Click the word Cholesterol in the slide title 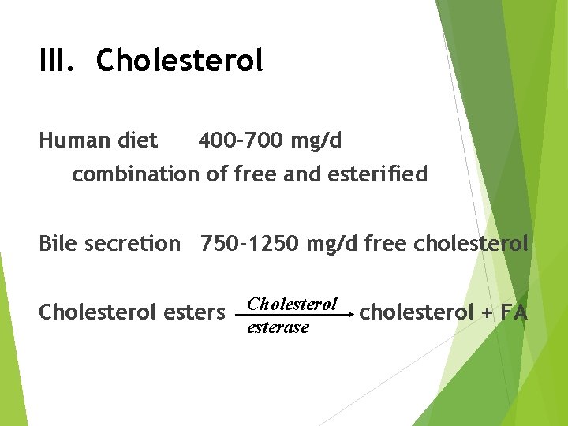(179, 61)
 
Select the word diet (137, 141)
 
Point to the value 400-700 (241, 141)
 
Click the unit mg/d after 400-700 (316, 142)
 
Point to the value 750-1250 (248, 244)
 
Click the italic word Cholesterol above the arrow (292, 304)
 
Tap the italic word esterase (278, 327)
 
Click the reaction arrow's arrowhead (348, 313)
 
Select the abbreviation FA (513, 312)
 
